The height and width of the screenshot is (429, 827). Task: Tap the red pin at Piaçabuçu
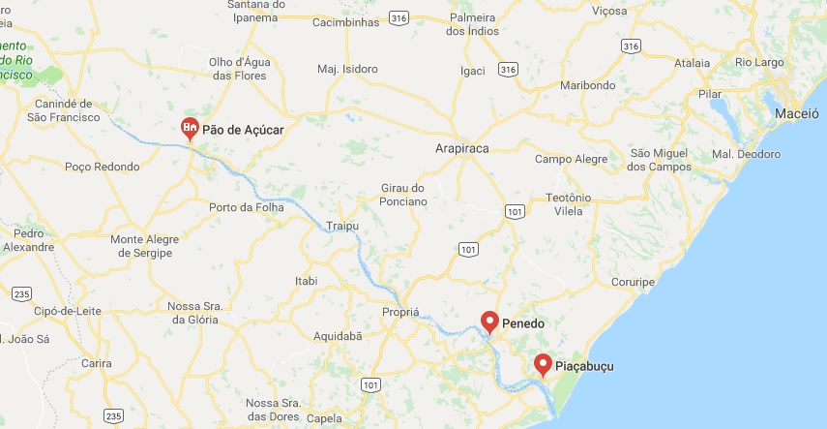[544, 365]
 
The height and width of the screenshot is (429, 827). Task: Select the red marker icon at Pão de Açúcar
[191, 127]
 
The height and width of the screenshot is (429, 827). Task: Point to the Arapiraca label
[462, 149]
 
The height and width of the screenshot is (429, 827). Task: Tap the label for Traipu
[342, 226]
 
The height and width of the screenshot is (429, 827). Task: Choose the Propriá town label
[400, 313]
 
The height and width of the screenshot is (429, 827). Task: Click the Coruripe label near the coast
[635, 282]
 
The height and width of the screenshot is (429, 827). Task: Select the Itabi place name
[305, 281]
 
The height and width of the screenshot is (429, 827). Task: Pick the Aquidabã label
[338, 335]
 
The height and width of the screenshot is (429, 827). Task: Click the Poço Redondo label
[103, 167]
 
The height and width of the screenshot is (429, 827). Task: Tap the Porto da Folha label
[246, 207]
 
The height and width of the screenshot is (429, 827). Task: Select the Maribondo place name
[587, 85]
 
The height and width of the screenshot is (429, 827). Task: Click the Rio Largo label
[759, 63]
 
